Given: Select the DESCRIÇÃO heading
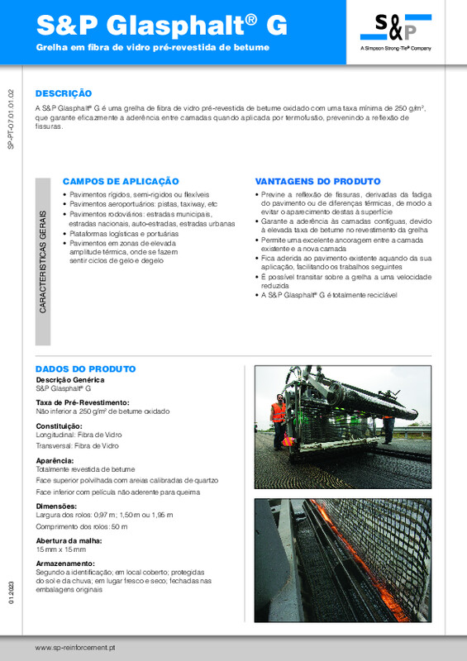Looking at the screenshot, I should point(64,94).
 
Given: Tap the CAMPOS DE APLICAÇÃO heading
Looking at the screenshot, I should point(121,181).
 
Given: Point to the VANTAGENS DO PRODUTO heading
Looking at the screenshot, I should point(317,181).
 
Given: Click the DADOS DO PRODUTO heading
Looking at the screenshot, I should point(85,369).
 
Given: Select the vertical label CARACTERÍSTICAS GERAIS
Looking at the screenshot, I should point(43,260).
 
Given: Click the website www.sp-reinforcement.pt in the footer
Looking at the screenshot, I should point(74,647).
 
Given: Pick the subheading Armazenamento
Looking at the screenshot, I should point(66,564).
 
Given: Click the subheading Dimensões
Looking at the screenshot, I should point(56,506).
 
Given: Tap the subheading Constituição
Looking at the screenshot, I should point(60,425).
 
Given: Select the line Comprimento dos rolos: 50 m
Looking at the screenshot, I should point(82,526).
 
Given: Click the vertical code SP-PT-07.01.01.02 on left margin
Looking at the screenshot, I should point(10,121).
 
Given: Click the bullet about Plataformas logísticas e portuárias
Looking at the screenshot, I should point(121,235).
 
